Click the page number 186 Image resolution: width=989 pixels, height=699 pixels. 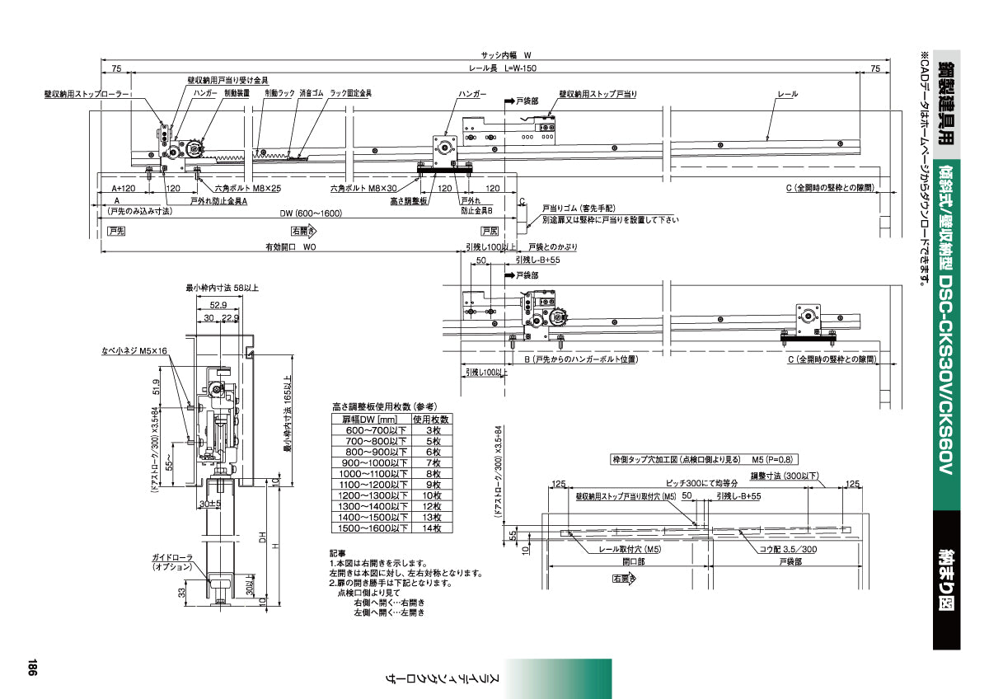(30, 668)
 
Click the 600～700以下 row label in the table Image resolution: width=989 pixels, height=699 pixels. (369, 430)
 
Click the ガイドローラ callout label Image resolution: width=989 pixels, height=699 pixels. (172, 557)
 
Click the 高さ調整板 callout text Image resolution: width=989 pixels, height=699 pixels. (408, 200)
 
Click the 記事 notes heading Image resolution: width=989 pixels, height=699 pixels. (337, 553)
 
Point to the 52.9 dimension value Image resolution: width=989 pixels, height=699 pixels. (217, 304)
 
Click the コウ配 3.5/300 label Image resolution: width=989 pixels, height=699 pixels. (789, 548)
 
